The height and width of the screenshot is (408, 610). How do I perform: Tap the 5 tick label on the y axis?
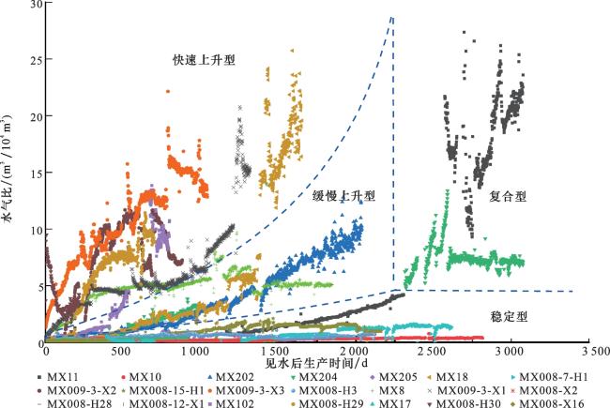point(38,286)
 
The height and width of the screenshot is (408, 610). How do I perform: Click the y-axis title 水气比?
point(10,174)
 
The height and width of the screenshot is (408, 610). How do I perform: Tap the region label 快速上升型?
point(204,59)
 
